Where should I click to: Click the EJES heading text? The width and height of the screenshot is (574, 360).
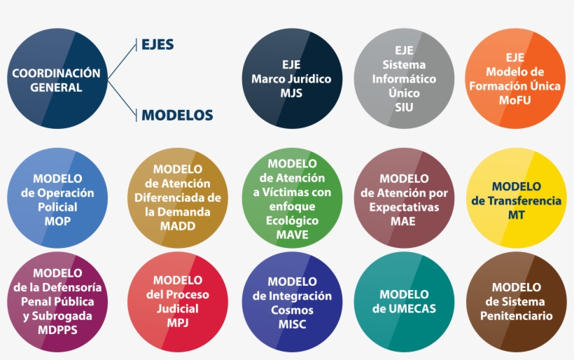157,44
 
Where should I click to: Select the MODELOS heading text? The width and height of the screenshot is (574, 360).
177,115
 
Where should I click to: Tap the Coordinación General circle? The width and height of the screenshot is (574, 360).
57,78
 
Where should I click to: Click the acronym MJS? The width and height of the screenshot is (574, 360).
291,93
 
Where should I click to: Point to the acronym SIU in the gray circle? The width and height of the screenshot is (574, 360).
404,107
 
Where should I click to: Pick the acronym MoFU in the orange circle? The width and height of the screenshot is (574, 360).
514,100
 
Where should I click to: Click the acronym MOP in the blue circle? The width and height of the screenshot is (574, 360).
57,221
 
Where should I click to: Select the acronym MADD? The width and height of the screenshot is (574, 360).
178,226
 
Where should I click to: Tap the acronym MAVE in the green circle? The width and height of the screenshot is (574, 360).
292,235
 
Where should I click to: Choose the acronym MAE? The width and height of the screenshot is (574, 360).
403,221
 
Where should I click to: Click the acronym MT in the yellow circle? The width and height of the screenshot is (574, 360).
516,214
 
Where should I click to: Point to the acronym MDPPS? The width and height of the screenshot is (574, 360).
58,330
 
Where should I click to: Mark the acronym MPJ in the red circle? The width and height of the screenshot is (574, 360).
178,323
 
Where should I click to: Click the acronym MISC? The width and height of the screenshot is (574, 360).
292,324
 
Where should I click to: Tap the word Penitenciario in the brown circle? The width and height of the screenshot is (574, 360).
516,316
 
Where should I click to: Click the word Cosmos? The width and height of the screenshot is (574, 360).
292,310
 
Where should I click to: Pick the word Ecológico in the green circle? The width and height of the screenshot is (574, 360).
292,221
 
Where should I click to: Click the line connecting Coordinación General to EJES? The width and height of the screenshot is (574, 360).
122,61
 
